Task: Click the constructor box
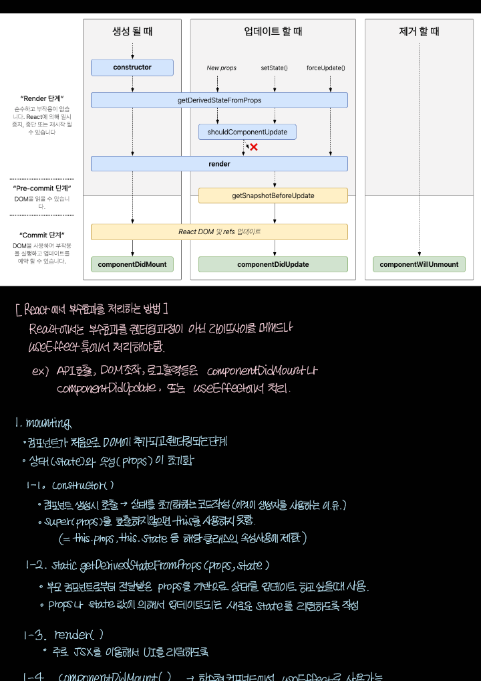tap(132, 67)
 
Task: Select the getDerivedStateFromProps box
tap(219, 100)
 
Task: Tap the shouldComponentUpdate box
tap(247, 132)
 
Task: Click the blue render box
tap(219, 163)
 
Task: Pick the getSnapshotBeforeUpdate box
tap(273, 195)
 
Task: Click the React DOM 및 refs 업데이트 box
tap(219, 231)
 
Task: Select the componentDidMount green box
tap(132, 264)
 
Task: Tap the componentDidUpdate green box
tap(273, 264)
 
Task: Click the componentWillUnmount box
tap(419, 264)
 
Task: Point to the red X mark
tap(254, 147)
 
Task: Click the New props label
tap(222, 68)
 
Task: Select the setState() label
tap(274, 68)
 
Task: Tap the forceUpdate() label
tap(330, 68)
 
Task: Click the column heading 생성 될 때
tap(132, 31)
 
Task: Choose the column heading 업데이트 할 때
tap(273, 31)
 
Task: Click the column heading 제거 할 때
tap(419, 31)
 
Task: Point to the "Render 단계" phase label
tap(42, 98)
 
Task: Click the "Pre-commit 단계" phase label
tap(42, 189)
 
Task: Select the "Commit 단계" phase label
tap(42, 235)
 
